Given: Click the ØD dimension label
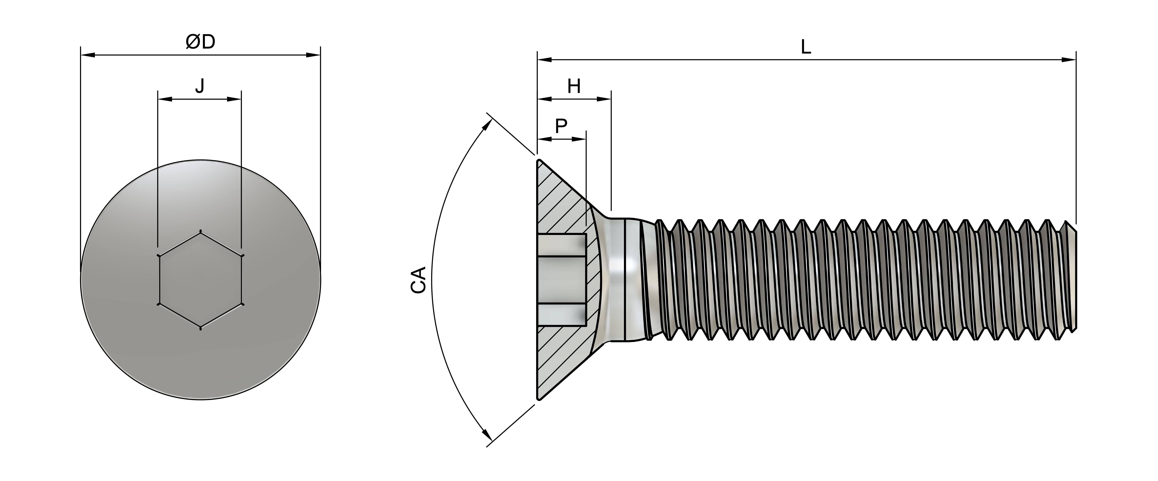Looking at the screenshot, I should coord(200,42).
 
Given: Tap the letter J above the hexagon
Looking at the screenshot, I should coord(200,85).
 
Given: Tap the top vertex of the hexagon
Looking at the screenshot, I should coord(200,232).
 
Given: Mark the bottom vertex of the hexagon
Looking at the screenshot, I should coord(200,328).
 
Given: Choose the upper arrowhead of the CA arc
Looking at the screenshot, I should coord(485,125).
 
